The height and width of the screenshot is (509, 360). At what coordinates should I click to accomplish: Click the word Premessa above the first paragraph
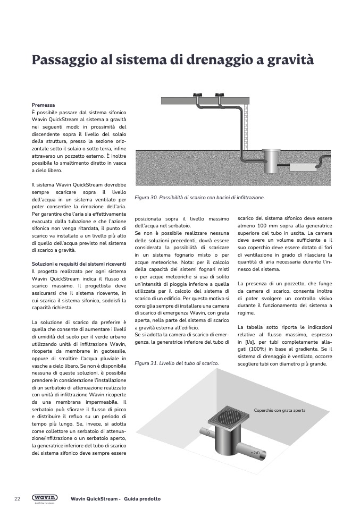click(x=43, y=106)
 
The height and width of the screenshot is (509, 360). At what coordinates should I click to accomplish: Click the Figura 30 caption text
click(x=199, y=197)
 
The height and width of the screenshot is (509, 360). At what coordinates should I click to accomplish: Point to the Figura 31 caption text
click(x=177, y=363)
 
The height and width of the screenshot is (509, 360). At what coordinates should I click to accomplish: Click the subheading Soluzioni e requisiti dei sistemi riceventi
click(x=79, y=264)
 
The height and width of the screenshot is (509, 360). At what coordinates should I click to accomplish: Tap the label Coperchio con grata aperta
click(x=279, y=411)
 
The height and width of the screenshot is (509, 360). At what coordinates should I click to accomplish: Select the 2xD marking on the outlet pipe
click(x=256, y=453)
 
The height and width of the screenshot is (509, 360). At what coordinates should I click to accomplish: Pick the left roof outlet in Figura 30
click(x=197, y=97)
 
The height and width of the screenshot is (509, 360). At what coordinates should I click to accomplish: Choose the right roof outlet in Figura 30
click(x=218, y=97)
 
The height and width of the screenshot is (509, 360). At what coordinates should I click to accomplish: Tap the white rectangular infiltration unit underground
click(x=304, y=166)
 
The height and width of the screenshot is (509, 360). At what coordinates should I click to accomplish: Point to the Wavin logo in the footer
click(x=45, y=498)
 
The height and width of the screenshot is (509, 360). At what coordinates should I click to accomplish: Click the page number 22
click(x=17, y=499)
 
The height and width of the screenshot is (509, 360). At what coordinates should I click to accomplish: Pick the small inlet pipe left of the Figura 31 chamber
click(x=204, y=436)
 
